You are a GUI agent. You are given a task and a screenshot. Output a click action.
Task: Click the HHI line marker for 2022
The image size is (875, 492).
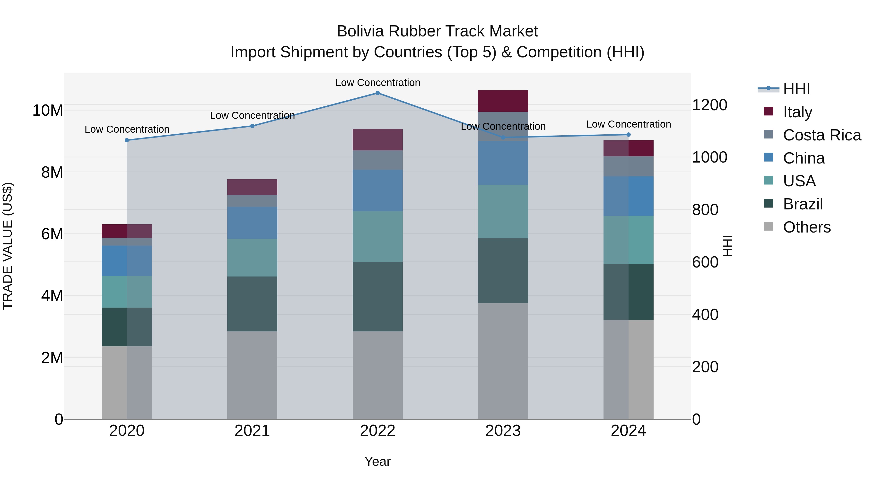click(x=377, y=93)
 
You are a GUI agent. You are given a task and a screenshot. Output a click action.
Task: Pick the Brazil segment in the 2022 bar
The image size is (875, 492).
click(x=377, y=296)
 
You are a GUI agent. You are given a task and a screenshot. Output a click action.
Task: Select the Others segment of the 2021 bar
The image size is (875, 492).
click(x=252, y=375)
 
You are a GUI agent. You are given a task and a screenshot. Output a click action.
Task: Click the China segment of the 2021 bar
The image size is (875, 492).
click(x=252, y=223)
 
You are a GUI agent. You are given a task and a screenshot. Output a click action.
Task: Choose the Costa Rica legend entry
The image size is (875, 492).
click(x=822, y=135)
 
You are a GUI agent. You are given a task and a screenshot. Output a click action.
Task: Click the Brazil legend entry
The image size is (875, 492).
click(x=803, y=204)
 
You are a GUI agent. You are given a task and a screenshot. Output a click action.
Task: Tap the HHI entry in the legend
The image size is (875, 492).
click(x=796, y=89)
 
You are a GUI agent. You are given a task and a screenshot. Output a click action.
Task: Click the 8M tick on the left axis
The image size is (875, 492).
click(x=52, y=173)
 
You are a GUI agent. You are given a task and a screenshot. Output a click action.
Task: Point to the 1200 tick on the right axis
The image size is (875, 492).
click(x=709, y=105)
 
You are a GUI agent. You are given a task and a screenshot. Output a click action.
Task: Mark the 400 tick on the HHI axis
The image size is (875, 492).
click(x=705, y=314)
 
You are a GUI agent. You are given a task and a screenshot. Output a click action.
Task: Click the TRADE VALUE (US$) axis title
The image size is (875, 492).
click(x=8, y=246)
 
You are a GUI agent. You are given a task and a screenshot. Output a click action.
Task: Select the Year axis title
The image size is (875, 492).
click(x=377, y=461)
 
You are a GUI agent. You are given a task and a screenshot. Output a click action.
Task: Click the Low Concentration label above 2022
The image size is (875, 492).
click(x=378, y=83)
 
